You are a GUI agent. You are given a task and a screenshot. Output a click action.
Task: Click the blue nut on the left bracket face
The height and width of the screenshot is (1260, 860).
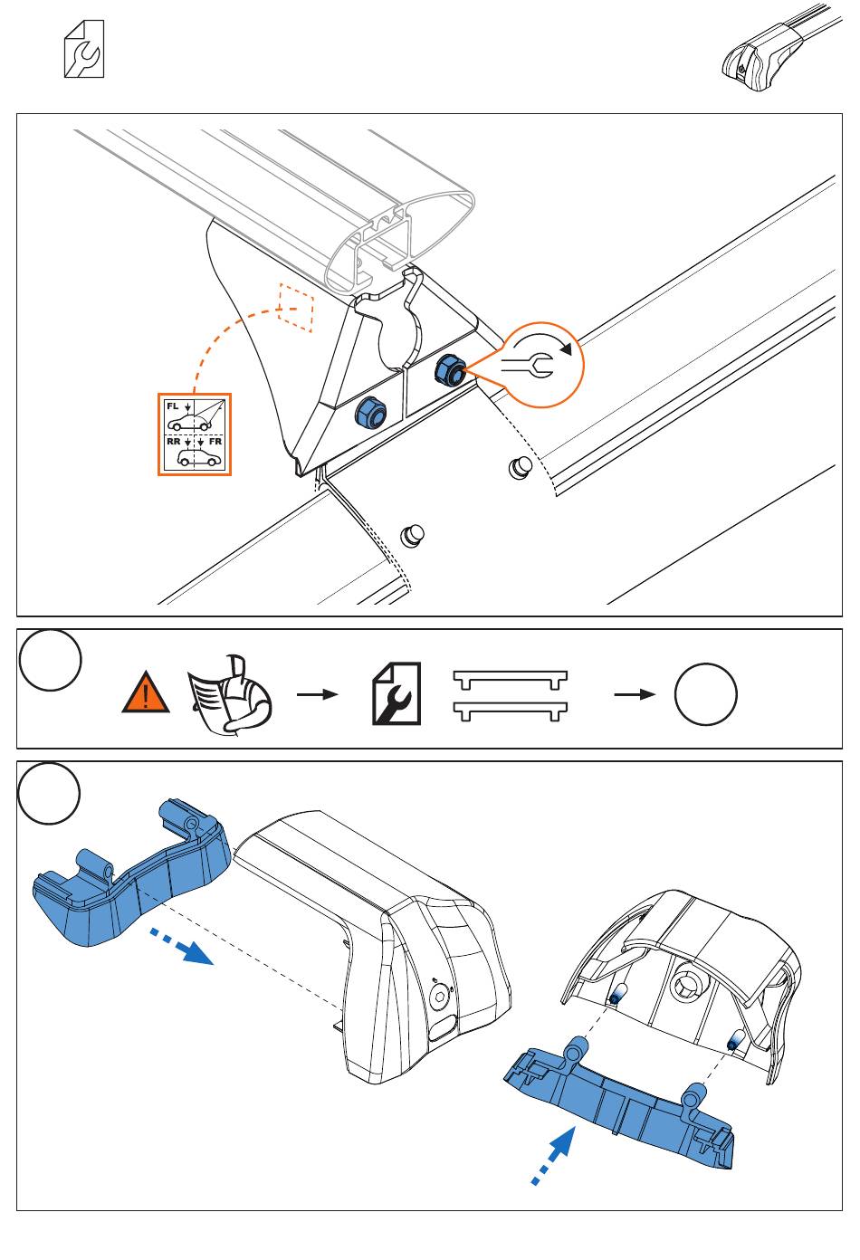click(x=368, y=412)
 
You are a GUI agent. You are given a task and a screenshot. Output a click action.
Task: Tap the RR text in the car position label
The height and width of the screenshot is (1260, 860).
click(x=173, y=442)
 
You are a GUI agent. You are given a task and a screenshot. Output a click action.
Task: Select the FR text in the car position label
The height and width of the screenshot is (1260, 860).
click(x=215, y=442)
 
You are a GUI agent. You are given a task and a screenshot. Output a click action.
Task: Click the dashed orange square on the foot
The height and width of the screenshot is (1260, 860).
click(x=295, y=308)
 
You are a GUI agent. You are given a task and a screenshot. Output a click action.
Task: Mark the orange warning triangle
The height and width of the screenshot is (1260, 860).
click(x=146, y=694)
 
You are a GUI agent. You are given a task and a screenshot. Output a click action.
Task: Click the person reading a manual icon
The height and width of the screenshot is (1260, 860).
click(x=229, y=694)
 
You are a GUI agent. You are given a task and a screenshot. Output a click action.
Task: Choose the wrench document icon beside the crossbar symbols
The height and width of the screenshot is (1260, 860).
click(x=397, y=694)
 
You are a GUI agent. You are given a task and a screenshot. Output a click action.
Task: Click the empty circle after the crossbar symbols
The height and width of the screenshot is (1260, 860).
click(x=705, y=694)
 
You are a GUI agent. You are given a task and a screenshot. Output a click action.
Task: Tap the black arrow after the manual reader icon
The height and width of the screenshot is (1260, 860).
click(x=317, y=694)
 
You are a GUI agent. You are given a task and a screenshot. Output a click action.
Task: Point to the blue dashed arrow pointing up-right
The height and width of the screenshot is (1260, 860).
click(x=553, y=1154)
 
